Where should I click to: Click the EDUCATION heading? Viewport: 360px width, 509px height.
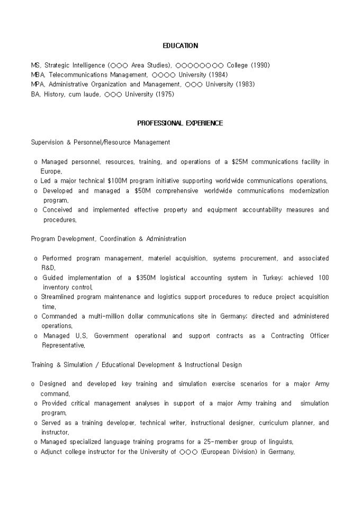point(180,46)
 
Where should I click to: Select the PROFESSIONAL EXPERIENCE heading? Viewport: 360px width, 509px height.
point(180,123)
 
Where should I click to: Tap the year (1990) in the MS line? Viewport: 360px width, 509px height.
point(260,66)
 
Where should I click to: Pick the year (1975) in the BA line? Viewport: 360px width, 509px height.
point(165,94)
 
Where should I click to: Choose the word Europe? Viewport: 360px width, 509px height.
point(51,171)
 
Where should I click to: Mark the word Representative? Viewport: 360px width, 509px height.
point(62,346)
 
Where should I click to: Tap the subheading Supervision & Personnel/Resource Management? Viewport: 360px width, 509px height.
point(101,142)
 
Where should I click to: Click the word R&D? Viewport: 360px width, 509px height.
point(48,268)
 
